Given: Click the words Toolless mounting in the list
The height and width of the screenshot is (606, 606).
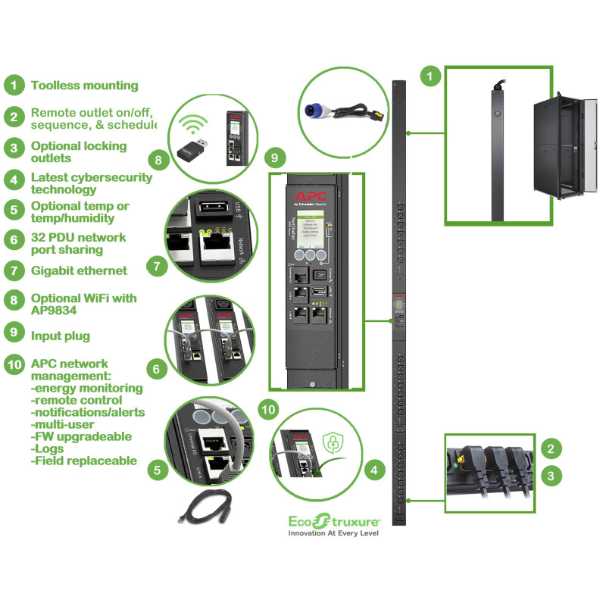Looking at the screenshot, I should [x=84, y=86].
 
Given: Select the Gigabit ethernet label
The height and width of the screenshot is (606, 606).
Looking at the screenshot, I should [x=79, y=270].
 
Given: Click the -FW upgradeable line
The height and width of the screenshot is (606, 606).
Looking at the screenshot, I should [x=81, y=436].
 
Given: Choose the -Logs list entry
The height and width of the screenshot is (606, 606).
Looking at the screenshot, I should [x=47, y=448].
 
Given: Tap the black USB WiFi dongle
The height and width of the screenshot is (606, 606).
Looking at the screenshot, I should [x=194, y=155].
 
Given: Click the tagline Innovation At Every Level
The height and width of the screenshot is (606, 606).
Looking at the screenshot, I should [x=333, y=533].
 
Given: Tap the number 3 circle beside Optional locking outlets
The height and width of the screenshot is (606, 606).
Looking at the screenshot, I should [x=14, y=146].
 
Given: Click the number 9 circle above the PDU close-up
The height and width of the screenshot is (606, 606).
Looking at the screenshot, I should [x=275, y=158].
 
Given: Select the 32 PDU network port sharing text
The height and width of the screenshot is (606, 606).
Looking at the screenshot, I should [x=78, y=243].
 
